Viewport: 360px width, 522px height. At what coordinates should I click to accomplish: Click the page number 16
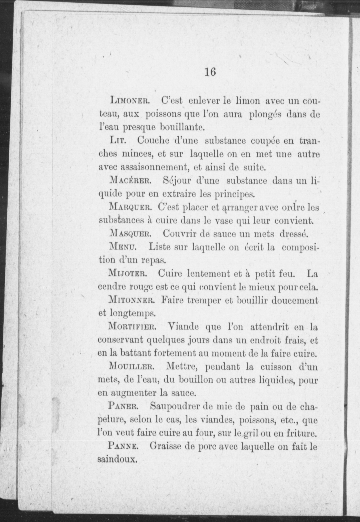pos(210,72)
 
